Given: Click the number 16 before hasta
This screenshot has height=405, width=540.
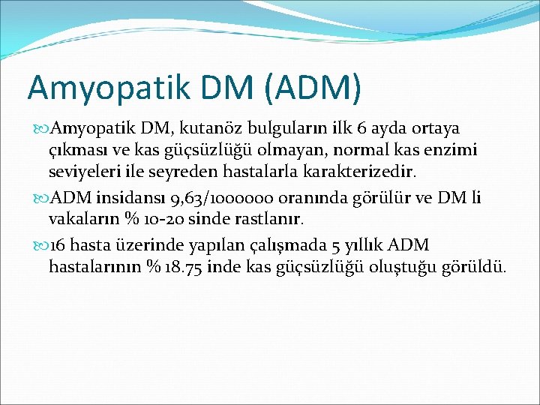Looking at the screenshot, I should (x=57, y=245).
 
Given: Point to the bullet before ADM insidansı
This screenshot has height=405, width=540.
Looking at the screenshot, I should (x=40, y=199).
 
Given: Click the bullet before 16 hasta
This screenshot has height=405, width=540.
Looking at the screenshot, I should (x=40, y=245).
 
